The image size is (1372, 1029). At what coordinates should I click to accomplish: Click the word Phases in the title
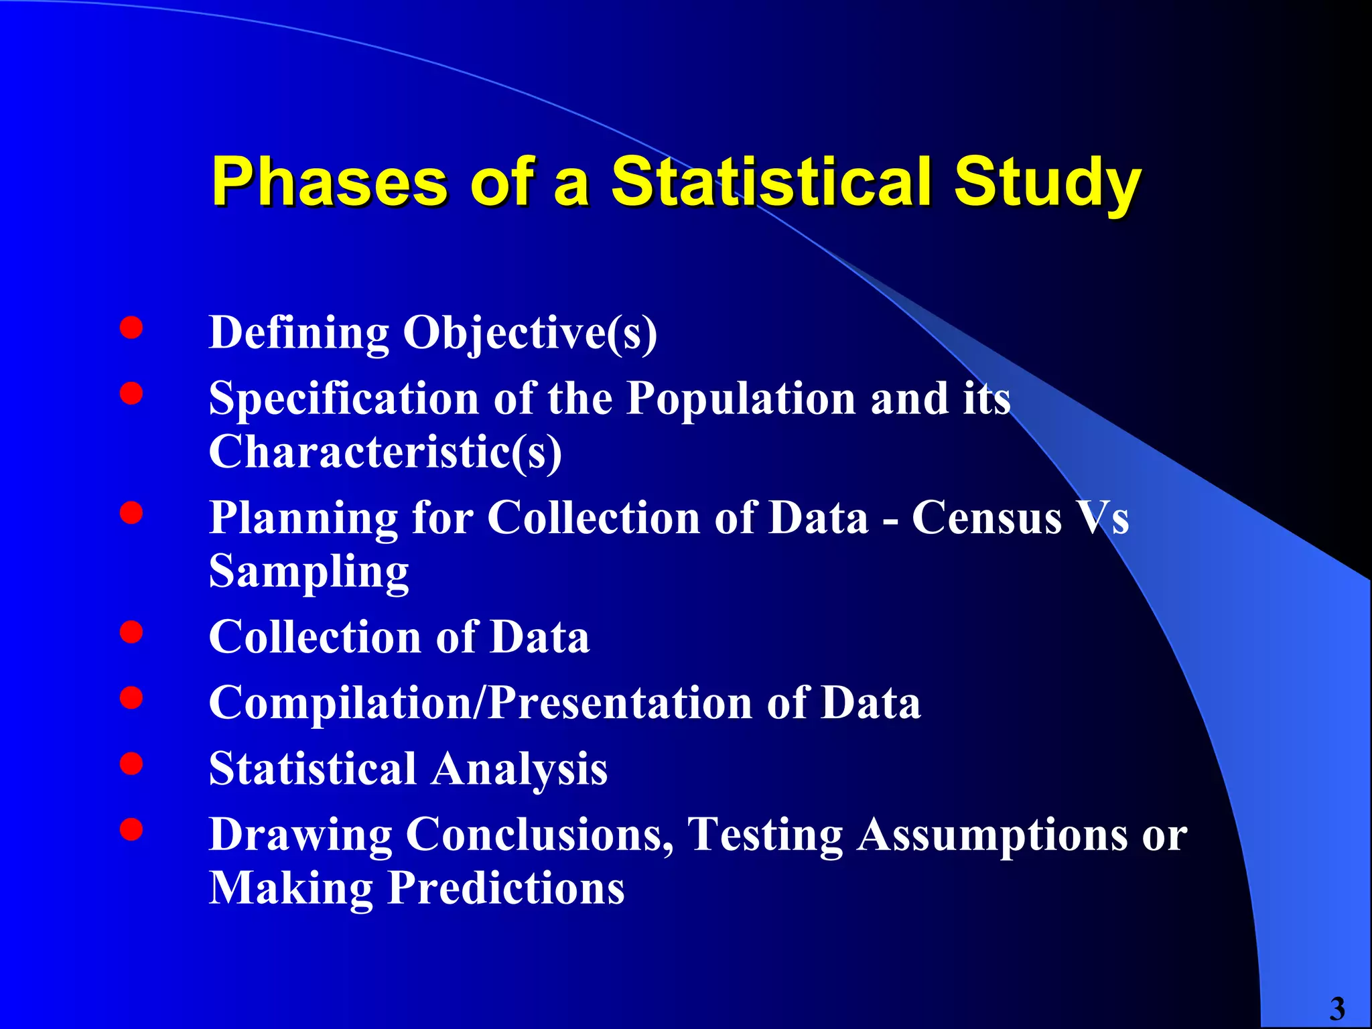click(x=329, y=182)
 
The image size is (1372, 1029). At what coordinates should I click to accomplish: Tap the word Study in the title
click(x=1047, y=182)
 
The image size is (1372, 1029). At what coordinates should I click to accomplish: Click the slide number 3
click(x=1337, y=1009)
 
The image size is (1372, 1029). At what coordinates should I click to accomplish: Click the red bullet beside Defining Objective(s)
click(x=131, y=328)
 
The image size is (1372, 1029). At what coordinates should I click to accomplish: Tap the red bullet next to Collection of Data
click(x=131, y=632)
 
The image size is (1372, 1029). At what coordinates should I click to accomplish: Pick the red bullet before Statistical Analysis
click(x=131, y=764)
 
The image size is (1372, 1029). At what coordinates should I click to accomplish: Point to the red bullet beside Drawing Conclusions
click(x=131, y=829)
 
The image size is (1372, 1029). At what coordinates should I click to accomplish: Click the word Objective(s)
click(x=529, y=333)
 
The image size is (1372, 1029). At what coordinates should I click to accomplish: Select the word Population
click(x=741, y=399)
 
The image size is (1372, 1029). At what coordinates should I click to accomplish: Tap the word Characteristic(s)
click(x=385, y=452)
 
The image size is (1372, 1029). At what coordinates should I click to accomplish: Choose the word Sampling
click(x=309, y=571)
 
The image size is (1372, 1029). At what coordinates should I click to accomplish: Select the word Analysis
click(x=519, y=768)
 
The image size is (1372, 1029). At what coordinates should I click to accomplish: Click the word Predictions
click(x=506, y=888)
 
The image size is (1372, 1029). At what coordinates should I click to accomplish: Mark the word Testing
click(x=766, y=835)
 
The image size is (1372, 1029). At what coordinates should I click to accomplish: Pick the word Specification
click(x=344, y=399)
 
